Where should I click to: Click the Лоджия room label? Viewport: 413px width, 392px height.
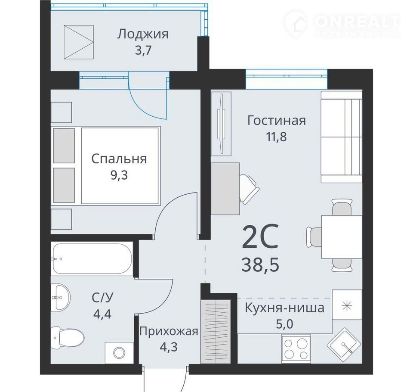click(x=142, y=34)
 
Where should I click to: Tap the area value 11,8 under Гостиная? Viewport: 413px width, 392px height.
click(x=276, y=137)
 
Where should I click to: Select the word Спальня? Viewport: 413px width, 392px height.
click(x=119, y=159)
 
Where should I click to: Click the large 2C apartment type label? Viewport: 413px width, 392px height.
click(x=260, y=236)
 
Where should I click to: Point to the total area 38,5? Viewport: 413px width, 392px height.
click(x=260, y=265)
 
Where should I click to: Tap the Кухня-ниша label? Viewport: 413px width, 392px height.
click(x=285, y=308)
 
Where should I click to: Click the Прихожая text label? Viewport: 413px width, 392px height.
click(x=169, y=331)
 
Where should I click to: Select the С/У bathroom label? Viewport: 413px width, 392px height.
click(x=102, y=298)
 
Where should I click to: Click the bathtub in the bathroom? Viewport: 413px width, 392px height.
click(x=92, y=259)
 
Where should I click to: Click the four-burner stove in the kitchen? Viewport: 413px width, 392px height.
click(x=296, y=348)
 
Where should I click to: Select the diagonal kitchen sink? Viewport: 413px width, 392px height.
click(x=343, y=344)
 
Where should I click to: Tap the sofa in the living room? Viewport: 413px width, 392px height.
click(x=341, y=137)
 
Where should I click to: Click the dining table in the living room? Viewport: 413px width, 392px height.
click(x=342, y=236)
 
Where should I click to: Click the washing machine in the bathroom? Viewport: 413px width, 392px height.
click(x=119, y=353)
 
